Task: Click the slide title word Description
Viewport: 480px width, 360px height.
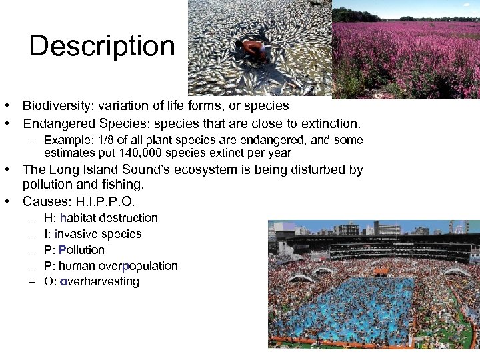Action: (x=102, y=46)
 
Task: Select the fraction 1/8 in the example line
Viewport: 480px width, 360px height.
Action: (x=106, y=141)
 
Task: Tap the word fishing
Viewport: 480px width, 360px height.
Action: (x=122, y=185)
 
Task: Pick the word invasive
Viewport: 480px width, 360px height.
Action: (x=76, y=234)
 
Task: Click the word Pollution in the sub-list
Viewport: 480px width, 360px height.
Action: (x=81, y=250)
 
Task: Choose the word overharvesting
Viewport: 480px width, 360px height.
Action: (x=99, y=281)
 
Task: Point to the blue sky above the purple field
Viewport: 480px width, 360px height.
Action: (x=427, y=8)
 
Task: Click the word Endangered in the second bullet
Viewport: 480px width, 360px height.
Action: (x=59, y=124)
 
